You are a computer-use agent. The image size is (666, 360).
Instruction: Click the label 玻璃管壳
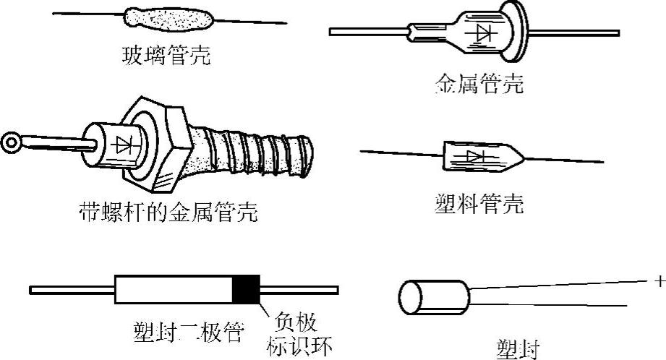click(166, 56)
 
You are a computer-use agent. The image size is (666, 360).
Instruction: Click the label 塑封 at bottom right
click(518, 348)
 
